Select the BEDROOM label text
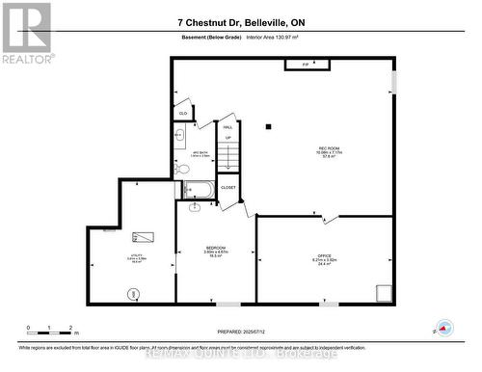(x=215, y=252)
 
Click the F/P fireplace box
(x=305, y=65)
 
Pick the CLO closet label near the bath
(x=183, y=114)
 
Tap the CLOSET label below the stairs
(x=228, y=187)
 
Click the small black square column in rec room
(x=270, y=125)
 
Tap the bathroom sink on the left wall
(x=180, y=136)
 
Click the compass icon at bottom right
(x=445, y=330)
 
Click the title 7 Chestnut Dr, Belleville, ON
(x=240, y=21)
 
